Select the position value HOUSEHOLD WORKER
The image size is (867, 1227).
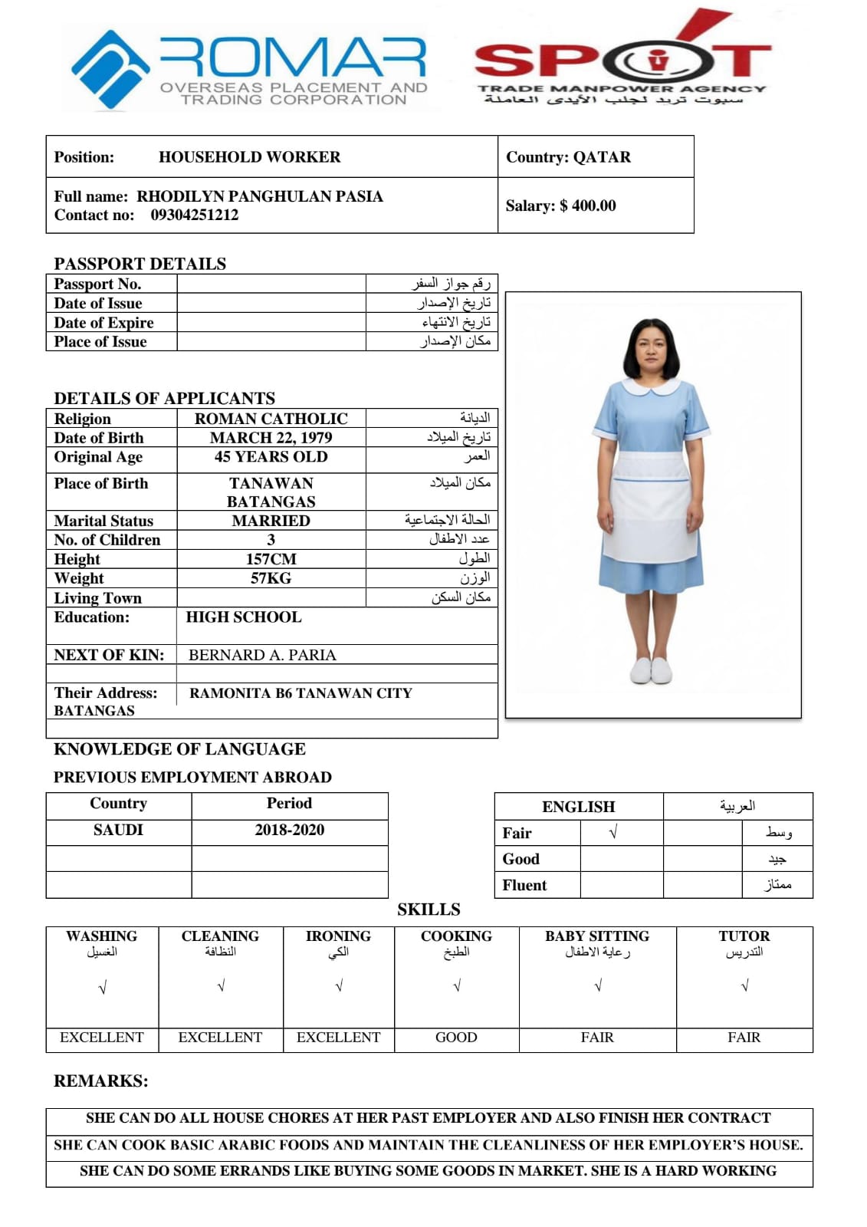tap(249, 157)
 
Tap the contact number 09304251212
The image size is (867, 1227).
tap(194, 215)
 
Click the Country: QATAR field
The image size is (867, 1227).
tap(568, 157)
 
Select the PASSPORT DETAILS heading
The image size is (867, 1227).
tap(140, 264)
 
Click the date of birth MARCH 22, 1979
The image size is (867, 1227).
tap(271, 438)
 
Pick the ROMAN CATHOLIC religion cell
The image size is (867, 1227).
tap(271, 419)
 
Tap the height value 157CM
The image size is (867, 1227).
tap(271, 559)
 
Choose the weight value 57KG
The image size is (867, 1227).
tap(271, 578)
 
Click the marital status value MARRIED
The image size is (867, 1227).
tap(271, 521)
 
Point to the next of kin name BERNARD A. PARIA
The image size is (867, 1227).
tap(262, 655)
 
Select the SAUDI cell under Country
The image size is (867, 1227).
tap(118, 830)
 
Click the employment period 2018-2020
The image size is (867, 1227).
tap(289, 830)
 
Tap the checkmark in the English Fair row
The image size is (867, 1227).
tap(613, 833)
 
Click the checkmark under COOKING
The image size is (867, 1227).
tap(457, 986)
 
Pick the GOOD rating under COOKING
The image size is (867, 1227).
tap(456, 1038)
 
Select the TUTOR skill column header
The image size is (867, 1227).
tap(744, 936)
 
